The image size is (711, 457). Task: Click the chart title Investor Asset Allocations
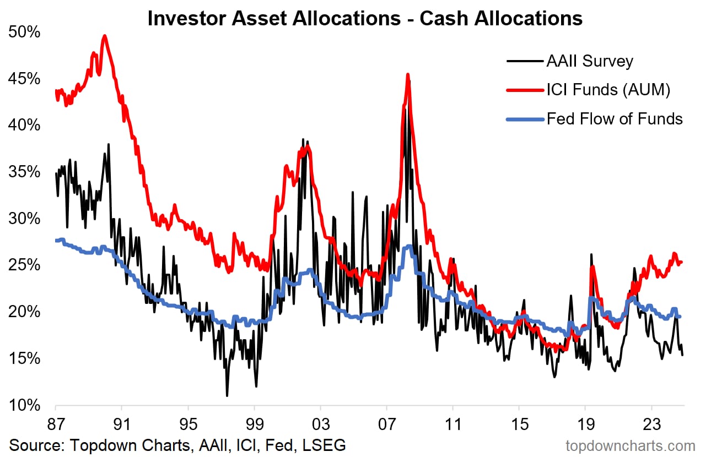coord(364,18)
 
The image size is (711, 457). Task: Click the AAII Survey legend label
coord(589,61)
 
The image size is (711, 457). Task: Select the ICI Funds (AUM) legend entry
coord(608,90)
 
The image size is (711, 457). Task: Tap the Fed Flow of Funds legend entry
coord(615,118)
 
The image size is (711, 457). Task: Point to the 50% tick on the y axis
coord(25,32)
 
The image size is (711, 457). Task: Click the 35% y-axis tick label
coord(25,172)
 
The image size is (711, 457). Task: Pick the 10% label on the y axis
coord(25,406)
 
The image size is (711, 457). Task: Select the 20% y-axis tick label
coord(25,312)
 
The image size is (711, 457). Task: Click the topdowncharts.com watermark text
coord(630,445)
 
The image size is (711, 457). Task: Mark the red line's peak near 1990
coord(104,36)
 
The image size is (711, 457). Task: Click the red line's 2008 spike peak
coord(408,74)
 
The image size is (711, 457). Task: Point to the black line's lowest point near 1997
coord(227,395)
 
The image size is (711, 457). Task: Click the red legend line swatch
coord(523,90)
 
